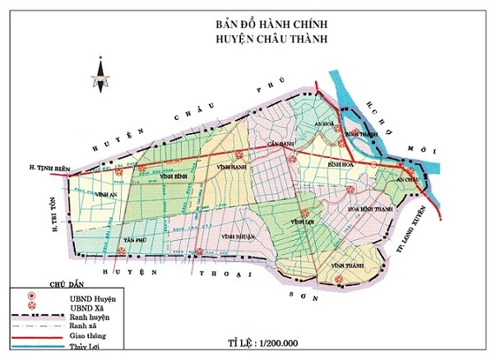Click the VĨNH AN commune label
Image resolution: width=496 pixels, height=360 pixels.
pyautogui.click(x=104, y=195)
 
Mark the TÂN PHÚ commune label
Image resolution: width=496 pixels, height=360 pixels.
pyautogui.click(x=134, y=239)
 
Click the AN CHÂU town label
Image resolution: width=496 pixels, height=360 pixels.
pyautogui.click(x=407, y=178)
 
